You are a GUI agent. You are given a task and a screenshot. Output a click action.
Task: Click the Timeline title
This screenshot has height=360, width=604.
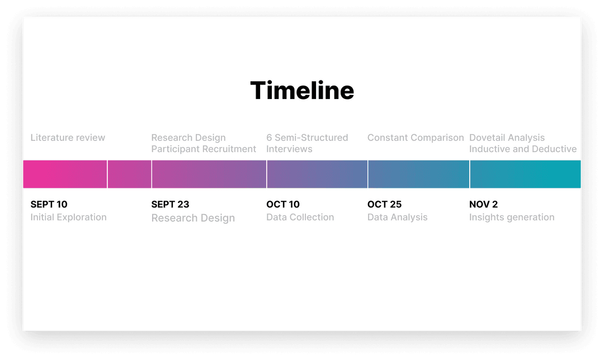(302, 91)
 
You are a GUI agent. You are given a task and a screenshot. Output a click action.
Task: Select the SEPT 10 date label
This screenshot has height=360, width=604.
(49, 204)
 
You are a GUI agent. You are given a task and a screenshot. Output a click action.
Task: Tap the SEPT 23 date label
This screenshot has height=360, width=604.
(170, 204)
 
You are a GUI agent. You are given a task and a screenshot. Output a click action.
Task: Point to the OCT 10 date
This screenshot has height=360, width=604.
(283, 204)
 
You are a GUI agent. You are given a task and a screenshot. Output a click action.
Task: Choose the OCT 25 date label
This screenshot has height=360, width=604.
(384, 204)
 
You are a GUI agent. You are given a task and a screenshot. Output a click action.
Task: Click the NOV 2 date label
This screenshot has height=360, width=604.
(483, 204)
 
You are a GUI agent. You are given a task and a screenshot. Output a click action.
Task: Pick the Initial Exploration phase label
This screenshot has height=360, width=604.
(68, 217)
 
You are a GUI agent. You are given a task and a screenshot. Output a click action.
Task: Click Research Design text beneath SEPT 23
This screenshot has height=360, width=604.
(193, 218)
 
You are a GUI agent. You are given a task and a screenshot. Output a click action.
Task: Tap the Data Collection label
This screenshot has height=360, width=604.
(300, 217)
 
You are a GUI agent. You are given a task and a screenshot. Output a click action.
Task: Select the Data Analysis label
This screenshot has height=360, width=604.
(397, 217)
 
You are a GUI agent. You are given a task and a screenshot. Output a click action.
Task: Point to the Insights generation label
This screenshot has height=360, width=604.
(512, 217)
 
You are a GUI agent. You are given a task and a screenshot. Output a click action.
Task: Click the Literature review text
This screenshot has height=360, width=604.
(68, 138)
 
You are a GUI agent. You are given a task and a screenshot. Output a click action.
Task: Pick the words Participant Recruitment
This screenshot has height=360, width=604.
(204, 149)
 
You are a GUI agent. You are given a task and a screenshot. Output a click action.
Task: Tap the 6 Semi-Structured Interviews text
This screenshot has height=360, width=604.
(307, 143)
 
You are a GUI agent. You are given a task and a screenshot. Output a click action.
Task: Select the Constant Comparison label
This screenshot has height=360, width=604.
(416, 138)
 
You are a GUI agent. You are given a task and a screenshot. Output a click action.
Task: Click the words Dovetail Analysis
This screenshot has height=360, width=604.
(507, 138)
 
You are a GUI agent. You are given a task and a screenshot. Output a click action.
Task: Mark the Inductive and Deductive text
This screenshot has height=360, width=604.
(523, 149)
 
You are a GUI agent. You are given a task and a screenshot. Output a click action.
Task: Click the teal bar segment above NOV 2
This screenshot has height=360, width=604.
(525, 174)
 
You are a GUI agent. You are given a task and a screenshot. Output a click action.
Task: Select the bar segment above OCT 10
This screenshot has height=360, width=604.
(317, 174)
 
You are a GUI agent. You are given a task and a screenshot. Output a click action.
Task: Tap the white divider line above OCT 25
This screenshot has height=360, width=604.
(368, 174)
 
